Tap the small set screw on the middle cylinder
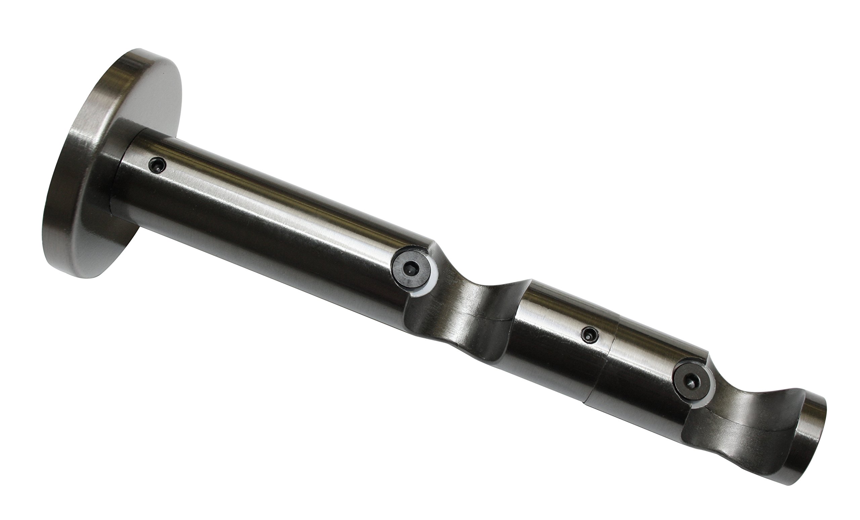click(x=590, y=334)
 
